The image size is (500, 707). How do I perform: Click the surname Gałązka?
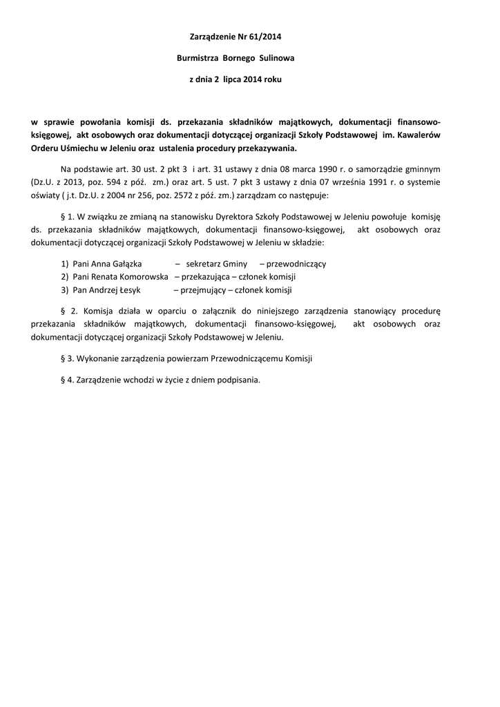pyautogui.click(x=125, y=264)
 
